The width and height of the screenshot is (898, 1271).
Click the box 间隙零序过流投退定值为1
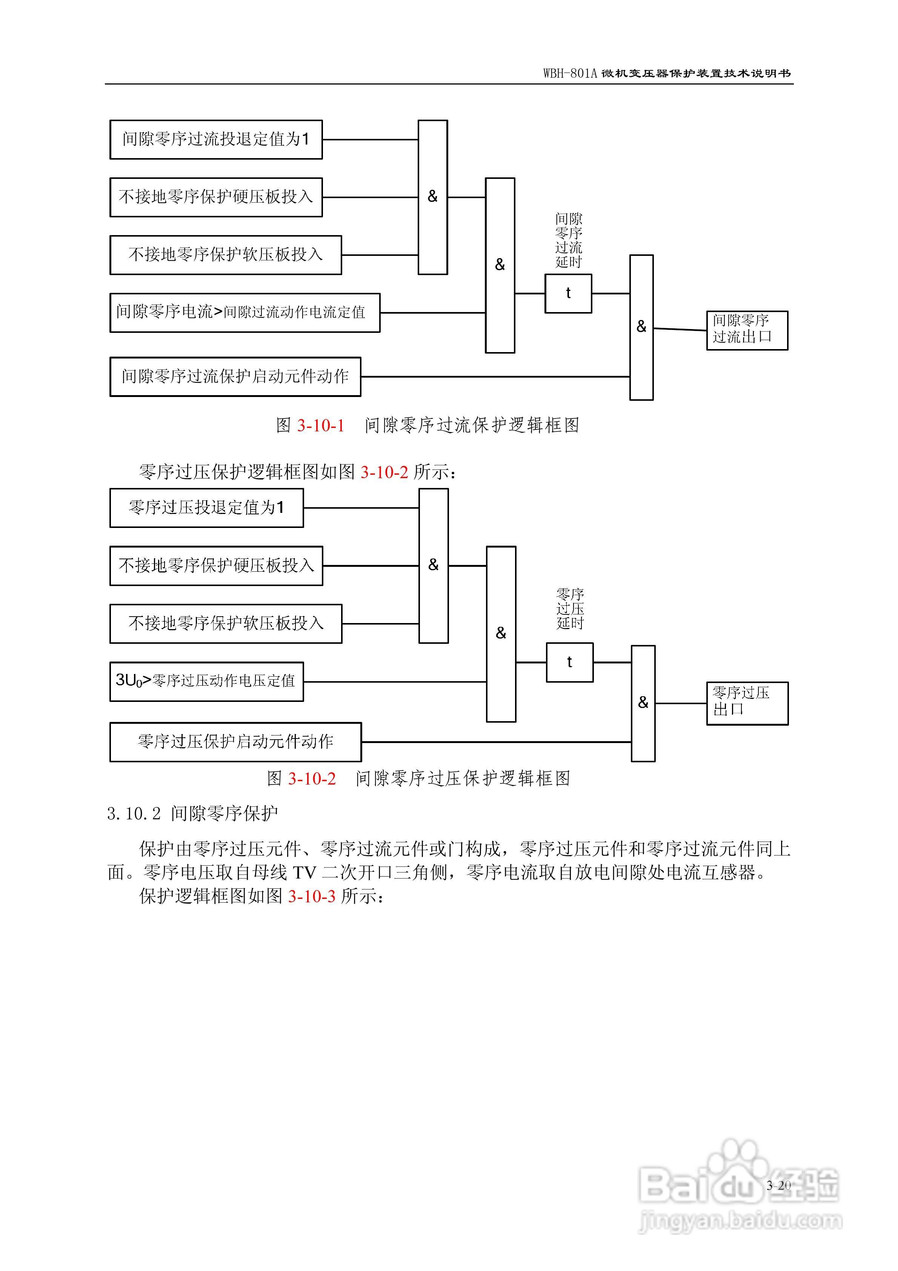pyautogui.click(x=216, y=140)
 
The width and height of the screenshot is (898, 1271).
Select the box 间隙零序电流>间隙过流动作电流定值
pyautogui.click(x=245, y=313)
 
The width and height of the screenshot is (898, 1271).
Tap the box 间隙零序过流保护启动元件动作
pyautogui.click(x=235, y=377)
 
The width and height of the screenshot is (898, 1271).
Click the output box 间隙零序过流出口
pyautogui.click(x=747, y=331)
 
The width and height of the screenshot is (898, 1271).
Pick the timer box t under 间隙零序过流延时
pyautogui.click(x=568, y=293)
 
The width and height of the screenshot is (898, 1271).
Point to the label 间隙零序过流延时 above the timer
pyautogui.click(x=569, y=241)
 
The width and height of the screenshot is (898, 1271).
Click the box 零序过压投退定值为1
pyautogui.click(x=206, y=508)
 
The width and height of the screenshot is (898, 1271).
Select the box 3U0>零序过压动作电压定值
pyautogui.click(x=206, y=682)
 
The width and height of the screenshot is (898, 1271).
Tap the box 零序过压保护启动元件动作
pyautogui.click(x=235, y=742)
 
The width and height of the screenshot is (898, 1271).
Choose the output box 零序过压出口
pyautogui.click(x=747, y=703)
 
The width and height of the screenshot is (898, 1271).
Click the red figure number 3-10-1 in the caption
pyautogui.click(x=321, y=426)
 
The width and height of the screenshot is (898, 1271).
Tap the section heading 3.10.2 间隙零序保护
pyautogui.click(x=192, y=814)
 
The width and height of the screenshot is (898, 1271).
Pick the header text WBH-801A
pyautogui.click(x=570, y=74)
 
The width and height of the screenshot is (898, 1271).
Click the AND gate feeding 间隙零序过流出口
pyautogui.click(x=641, y=327)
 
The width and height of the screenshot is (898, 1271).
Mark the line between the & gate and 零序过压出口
pyautogui.click(x=680, y=703)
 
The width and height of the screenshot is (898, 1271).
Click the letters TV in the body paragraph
pyautogui.click(x=304, y=873)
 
